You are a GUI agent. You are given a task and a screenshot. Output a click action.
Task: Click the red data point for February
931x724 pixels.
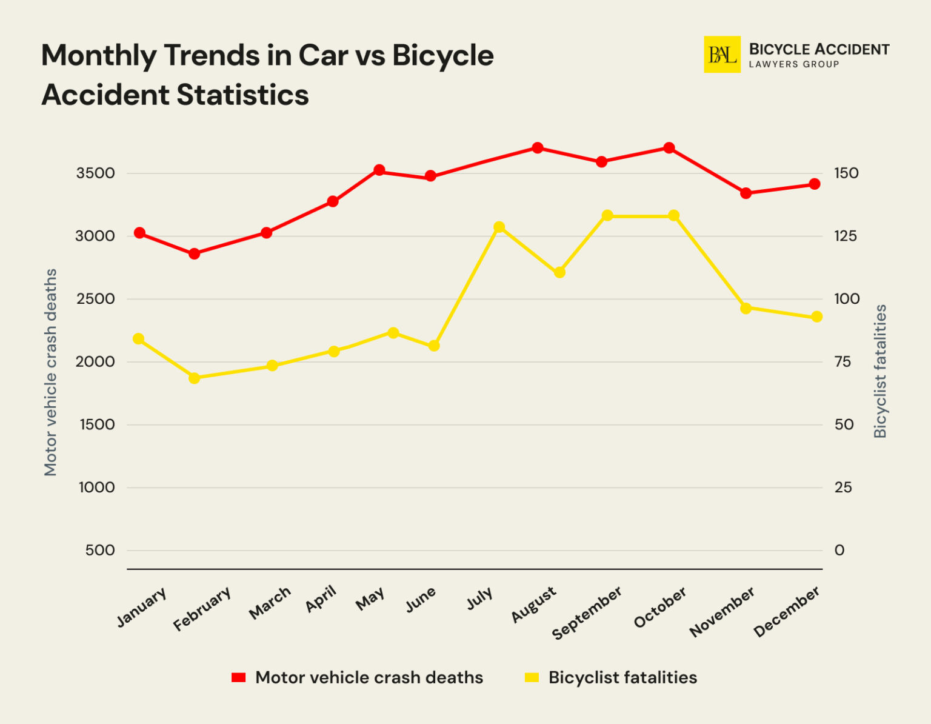coord(194,253)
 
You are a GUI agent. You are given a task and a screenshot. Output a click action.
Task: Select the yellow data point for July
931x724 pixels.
coord(499,227)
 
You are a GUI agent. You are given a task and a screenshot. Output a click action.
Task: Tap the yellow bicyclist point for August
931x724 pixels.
coord(559,272)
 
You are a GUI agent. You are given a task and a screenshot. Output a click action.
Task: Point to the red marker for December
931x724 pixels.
coord(815,184)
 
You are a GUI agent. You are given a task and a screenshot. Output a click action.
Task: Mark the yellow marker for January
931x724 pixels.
coord(139,339)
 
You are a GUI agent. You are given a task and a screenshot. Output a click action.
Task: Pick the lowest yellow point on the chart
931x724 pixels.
coord(194,378)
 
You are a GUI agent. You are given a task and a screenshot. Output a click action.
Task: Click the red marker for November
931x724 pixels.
coord(746,193)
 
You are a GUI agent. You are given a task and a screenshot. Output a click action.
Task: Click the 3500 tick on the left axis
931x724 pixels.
coord(95,173)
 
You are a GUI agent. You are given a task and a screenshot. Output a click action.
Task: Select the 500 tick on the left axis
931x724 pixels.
coord(100,551)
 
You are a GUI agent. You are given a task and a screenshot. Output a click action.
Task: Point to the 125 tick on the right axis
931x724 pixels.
coord(846,236)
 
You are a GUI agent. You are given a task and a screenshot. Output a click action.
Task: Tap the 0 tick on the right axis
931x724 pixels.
coord(839,551)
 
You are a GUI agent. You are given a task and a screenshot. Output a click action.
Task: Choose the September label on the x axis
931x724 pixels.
coord(586,612)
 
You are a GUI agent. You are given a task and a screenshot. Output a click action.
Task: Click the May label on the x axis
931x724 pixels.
coord(370,599)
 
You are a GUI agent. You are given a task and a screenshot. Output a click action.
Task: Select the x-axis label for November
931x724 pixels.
coord(722,612)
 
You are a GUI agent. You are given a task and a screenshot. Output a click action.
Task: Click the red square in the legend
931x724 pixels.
coord(239,677)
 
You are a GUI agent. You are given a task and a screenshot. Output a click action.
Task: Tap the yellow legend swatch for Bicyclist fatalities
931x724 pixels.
coord(532,677)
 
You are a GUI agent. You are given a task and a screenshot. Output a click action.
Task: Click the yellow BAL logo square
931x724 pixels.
coord(722,55)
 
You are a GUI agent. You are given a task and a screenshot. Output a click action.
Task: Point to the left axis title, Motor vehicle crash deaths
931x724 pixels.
coord(50,372)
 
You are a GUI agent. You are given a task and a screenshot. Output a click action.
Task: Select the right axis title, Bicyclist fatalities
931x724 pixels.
coord(880,371)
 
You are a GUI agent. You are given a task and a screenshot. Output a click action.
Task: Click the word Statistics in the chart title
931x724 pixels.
coord(242,95)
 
